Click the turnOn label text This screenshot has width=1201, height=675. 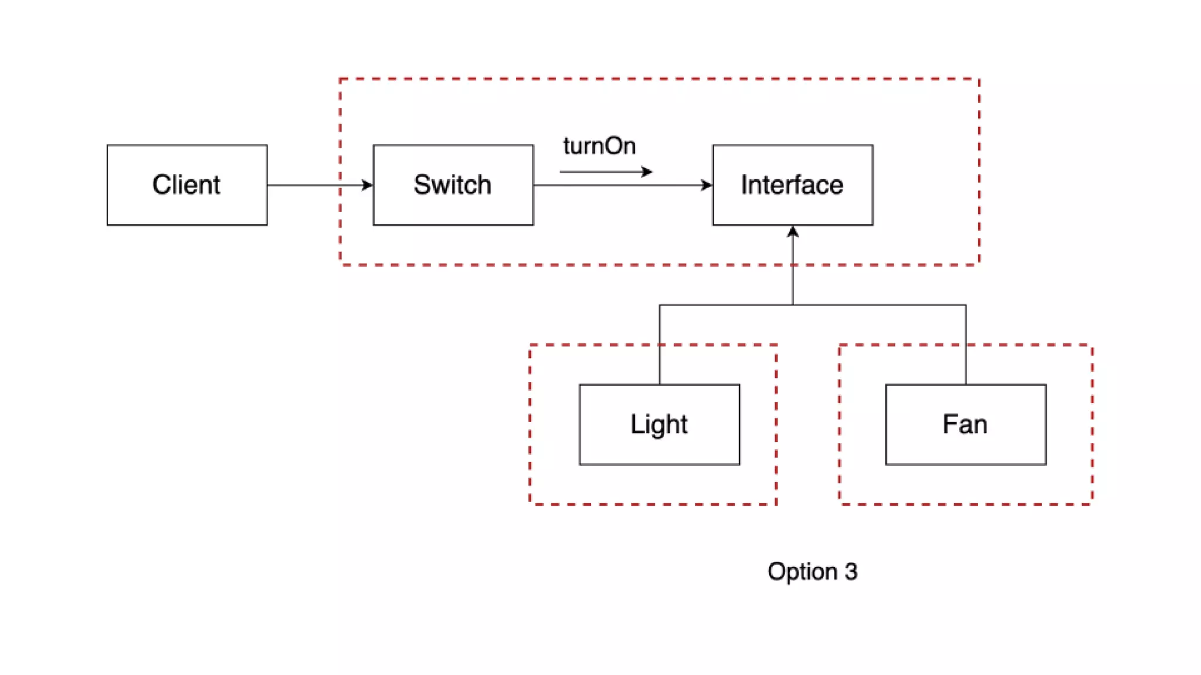point(599,146)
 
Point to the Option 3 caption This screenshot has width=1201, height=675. point(812,571)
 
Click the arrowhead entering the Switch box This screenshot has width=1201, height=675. point(368,185)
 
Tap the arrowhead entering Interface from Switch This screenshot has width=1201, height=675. point(707,185)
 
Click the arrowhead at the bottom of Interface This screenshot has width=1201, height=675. point(793,231)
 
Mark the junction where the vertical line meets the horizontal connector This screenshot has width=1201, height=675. point(793,305)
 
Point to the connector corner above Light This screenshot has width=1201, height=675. point(660,305)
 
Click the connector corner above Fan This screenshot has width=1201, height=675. point(966,305)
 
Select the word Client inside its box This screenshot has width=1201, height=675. point(186,185)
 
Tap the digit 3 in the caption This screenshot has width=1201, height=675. point(851,571)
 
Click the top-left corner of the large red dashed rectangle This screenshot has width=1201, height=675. point(341,79)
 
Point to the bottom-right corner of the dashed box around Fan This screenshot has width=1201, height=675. point(1092,503)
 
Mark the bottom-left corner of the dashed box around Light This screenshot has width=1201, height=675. point(530,503)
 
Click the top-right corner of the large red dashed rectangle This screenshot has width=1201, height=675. point(979,79)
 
